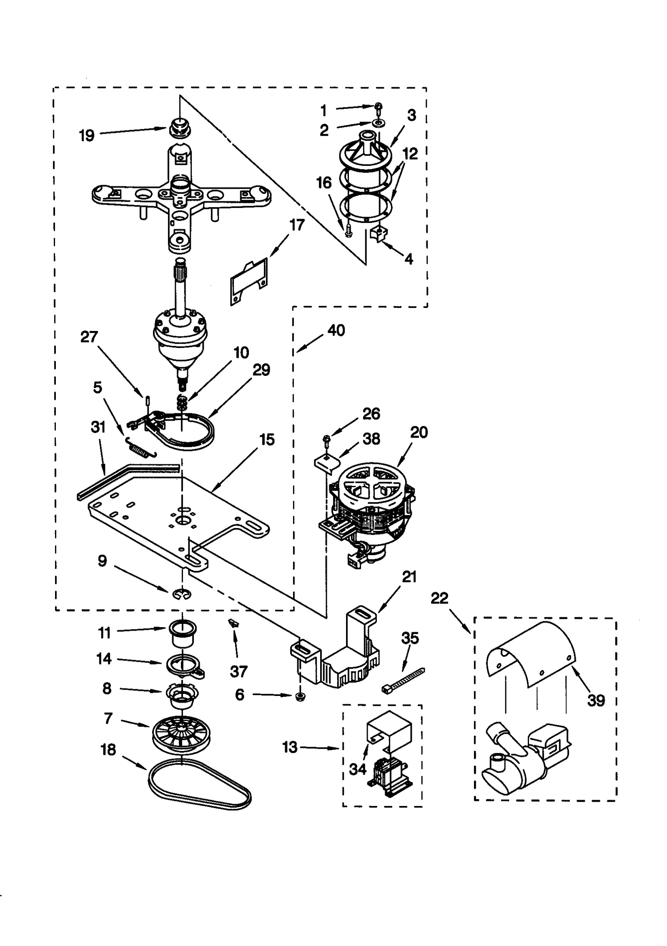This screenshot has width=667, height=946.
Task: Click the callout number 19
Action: coord(87,135)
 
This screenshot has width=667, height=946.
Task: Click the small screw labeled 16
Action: coord(349,231)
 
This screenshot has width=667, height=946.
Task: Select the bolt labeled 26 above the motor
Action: coord(327,439)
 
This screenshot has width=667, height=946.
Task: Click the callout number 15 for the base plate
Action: coord(267,440)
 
